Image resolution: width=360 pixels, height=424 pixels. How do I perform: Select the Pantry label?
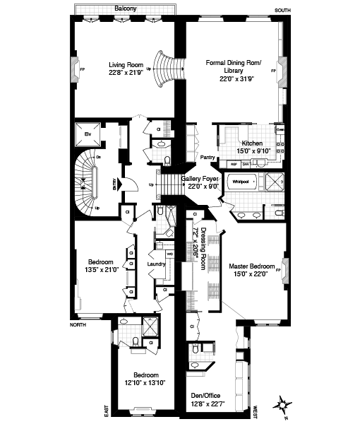207,158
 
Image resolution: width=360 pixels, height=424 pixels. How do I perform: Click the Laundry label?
156,264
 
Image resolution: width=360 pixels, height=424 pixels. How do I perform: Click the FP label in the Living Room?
83,70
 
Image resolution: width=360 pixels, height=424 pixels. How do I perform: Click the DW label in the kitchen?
245,163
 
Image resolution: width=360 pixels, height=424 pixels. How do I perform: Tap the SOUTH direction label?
282,10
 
